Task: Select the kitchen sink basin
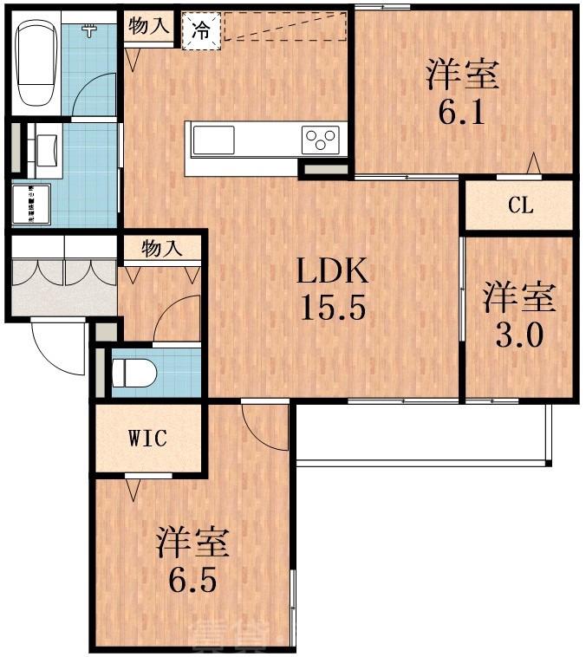(213, 139)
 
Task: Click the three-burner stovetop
(320, 139)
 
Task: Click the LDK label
(334, 274)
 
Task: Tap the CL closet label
(520, 205)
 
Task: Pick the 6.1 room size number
(460, 113)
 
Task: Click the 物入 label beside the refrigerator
(148, 26)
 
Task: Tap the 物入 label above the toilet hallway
(161, 249)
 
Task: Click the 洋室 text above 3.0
(518, 297)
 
